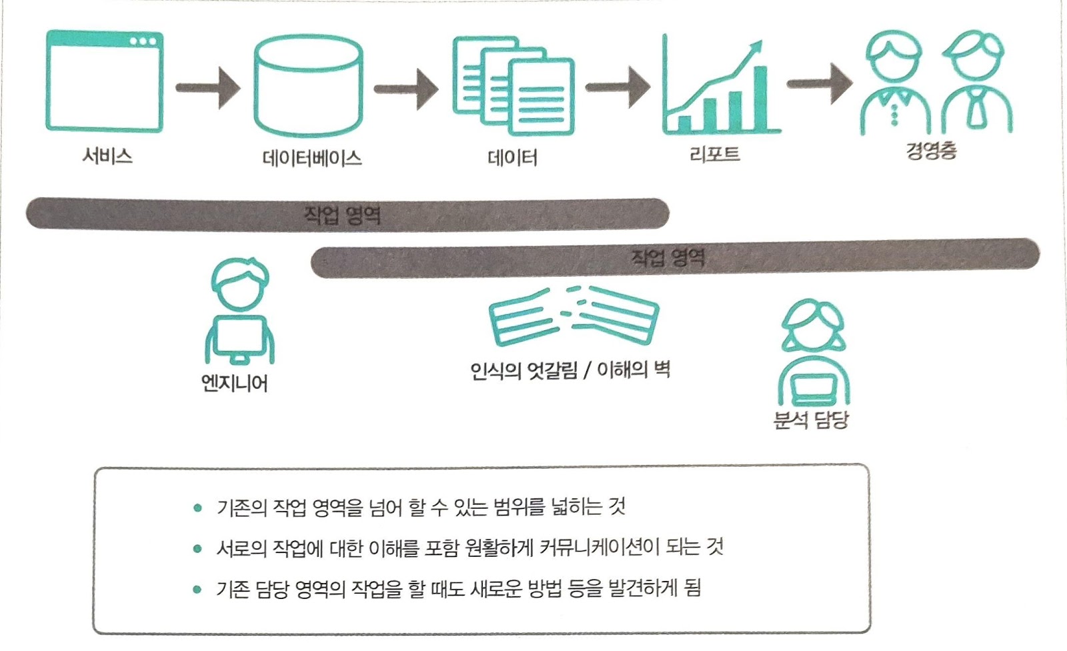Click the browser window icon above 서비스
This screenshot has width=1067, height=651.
[x=104, y=81]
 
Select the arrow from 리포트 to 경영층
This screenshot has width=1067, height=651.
[x=819, y=83]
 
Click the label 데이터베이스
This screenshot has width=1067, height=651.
[x=312, y=158]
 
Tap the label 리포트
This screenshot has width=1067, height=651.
[x=714, y=155]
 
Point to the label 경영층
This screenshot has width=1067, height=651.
[x=931, y=150]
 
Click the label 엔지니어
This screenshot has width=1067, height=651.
[x=235, y=384]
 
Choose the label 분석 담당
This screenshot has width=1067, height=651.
[x=811, y=420]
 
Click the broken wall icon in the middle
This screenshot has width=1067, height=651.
[x=574, y=316]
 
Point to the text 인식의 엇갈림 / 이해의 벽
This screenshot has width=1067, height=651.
[x=570, y=370]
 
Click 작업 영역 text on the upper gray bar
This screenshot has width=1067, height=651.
[x=342, y=215]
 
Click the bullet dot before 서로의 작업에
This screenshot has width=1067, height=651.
[x=197, y=549]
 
